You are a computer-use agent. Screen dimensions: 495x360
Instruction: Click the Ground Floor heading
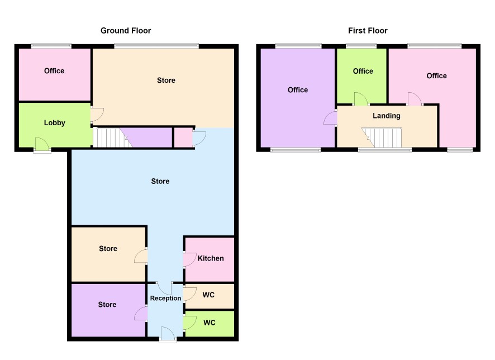(x=126, y=31)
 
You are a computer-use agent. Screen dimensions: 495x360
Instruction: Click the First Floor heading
(x=368, y=31)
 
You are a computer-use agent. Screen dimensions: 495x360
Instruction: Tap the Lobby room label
(x=55, y=123)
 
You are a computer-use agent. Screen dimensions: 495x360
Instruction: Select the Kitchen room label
(x=211, y=258)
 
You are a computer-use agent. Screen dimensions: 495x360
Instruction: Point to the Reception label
(x=165, y=298)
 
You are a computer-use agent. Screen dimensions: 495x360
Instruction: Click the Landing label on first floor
(x=387, y=116)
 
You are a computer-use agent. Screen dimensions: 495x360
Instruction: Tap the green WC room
(x=210, y=324)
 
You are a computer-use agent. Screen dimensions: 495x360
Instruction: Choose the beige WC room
(x=210, y=296)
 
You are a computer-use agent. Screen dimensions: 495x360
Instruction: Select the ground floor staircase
(x=112, y=138)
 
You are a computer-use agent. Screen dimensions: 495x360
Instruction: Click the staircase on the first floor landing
(x=382, y=138)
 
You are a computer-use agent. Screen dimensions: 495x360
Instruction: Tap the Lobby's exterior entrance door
(x=42, y=145)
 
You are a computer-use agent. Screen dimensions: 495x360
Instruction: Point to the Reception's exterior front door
(x=168, y=334)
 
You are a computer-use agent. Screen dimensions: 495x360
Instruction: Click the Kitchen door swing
(x=190, y=259)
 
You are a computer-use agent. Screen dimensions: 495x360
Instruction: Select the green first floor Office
(x=362, y=75)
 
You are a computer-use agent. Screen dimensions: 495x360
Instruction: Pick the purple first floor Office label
(x=298, y=90)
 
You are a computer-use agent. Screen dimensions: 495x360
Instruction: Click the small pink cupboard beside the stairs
(x=183, y=138)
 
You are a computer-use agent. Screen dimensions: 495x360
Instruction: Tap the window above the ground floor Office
(x=51, y=46)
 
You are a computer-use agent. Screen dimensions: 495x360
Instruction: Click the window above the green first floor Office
(x=361, y=46)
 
